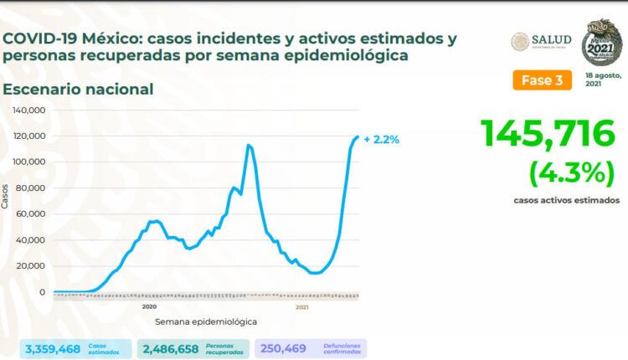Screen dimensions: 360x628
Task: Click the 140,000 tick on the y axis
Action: tap(29, 110)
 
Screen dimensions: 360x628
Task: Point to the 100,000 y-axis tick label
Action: tap(29, 162)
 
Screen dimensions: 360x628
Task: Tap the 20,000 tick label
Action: tap(32, 265)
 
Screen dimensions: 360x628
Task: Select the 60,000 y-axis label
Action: tap(32, 213)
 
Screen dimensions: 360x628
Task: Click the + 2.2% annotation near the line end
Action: tap(381, 140)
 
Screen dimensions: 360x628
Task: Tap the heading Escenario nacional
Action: tap(78, 89)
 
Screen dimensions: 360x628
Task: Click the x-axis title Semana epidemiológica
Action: tap(206, 321)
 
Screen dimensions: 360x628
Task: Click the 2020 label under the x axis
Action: tap(149, 307)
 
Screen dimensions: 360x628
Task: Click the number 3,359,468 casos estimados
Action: tap(53, 347)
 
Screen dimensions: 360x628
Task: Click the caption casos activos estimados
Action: tap(567, 201)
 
